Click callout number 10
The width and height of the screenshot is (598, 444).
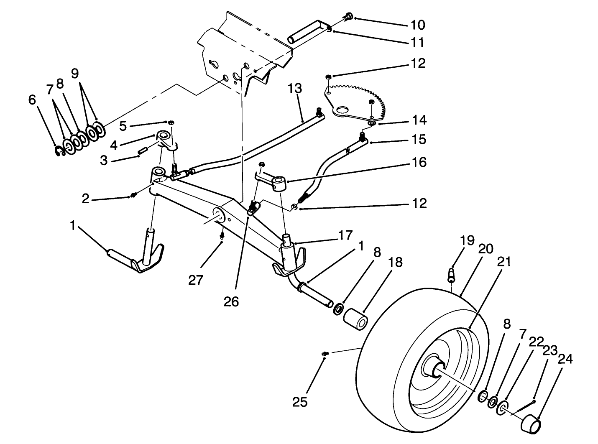[417, 25]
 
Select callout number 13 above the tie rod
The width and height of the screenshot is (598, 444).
[294, 89]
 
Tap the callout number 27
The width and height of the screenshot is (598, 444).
[195, 280]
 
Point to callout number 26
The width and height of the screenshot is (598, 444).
[231, 301]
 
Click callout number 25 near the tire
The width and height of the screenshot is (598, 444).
[300, 402]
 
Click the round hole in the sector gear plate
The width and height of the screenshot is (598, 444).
[343, 110]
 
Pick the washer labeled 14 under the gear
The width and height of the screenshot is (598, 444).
[371, 123]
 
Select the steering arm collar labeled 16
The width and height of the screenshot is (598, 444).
[279, 183]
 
